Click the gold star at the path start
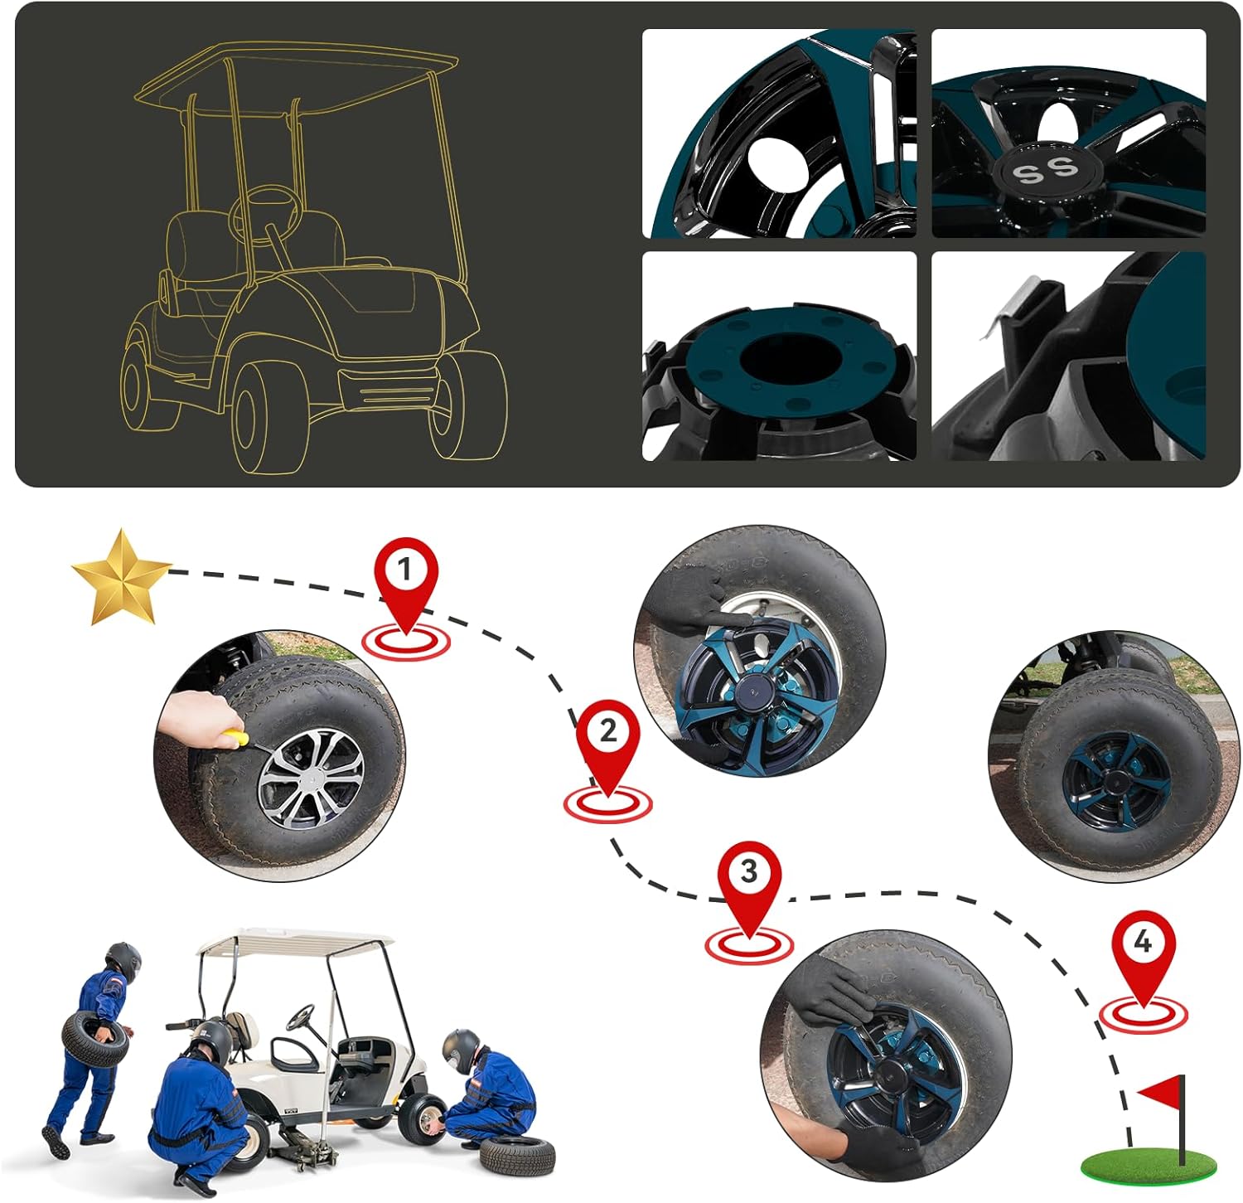pos(121,577)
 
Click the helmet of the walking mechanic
pos(122,961)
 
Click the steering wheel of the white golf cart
pos(300,1017)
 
